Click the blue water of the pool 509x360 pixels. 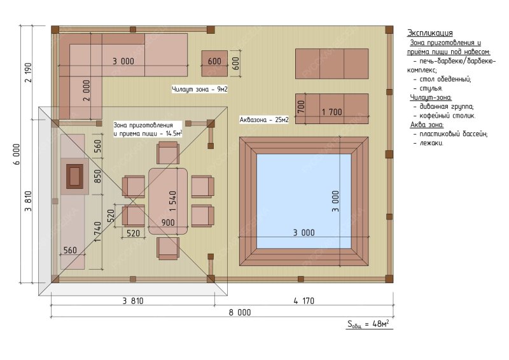[x=304, y=201]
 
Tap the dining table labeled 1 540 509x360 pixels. [x=168, y=201]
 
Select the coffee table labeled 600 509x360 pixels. [x=214, y=64]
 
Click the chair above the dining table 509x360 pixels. [x=168, y=153]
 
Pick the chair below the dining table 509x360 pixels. [x=168, y=248]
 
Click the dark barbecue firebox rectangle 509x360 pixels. [x=74, y=176]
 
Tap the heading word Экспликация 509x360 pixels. [x=430, y=33]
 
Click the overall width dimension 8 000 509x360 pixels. [x=240, y=312]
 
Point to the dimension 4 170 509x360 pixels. [x=304, y=301]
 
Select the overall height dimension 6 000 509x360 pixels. [x=17, y=154]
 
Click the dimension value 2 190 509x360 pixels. [x=28, y=73]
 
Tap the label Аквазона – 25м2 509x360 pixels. [x=264, y=120]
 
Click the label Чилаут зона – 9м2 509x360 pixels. [x=200, y=89]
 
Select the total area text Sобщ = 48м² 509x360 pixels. [x=368, y=324]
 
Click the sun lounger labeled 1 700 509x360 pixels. [x=331, y=109]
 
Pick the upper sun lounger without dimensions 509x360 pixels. [x=331, y=64]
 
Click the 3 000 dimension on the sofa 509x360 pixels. [x=123, y=61]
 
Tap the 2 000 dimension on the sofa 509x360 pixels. [x=87, y=90]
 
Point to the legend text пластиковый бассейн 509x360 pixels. [x=453, y=134]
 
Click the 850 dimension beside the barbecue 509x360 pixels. [x=97, y=176]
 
